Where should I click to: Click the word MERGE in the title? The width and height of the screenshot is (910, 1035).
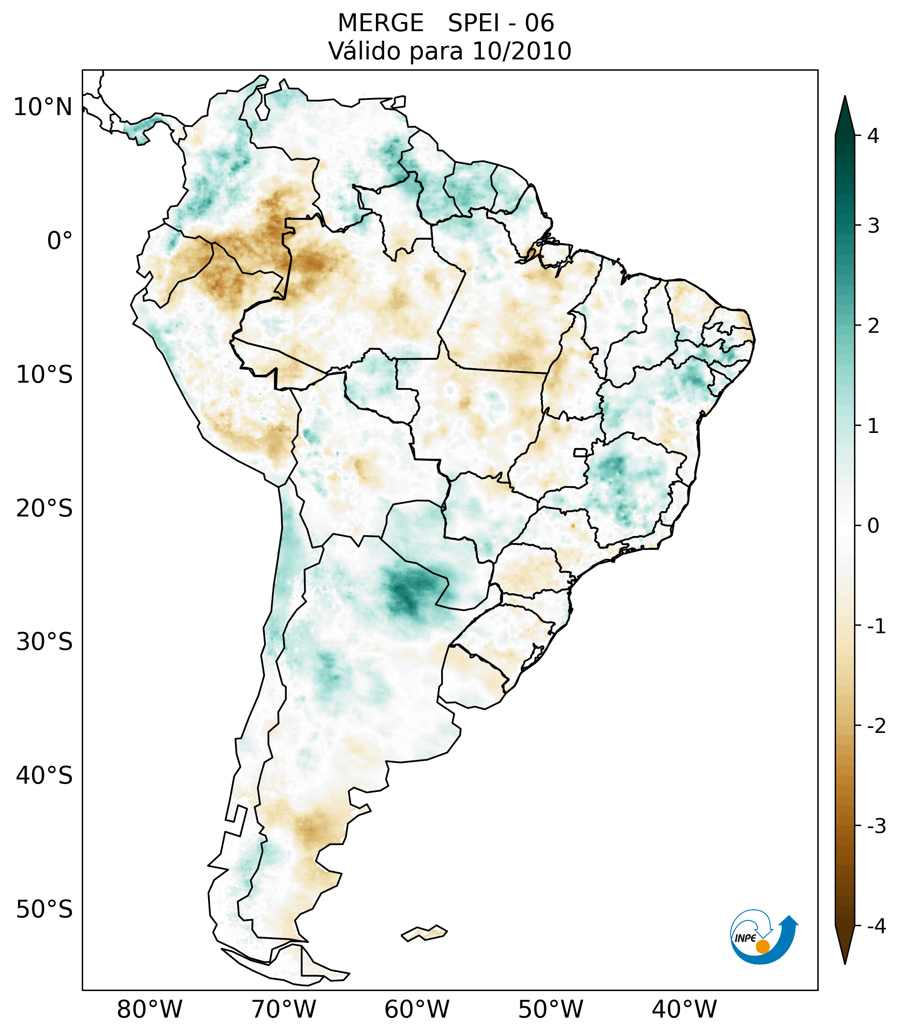[380, 23]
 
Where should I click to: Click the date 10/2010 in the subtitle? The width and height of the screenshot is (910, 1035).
[521, 51]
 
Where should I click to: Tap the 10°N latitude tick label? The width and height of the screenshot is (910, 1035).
[43, 107]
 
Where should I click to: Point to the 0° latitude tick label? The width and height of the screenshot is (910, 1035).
[60, 241]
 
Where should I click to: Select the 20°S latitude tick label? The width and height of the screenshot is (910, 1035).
[44, 509]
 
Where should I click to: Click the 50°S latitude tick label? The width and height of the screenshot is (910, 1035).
[44, 910]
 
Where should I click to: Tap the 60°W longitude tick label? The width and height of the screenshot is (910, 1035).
[417, 1009]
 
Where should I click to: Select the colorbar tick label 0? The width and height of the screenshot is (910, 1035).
[873, 526]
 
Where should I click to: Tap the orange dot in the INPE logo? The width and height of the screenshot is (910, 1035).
[762, 946]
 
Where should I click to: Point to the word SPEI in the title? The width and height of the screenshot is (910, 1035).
[473, 23]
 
